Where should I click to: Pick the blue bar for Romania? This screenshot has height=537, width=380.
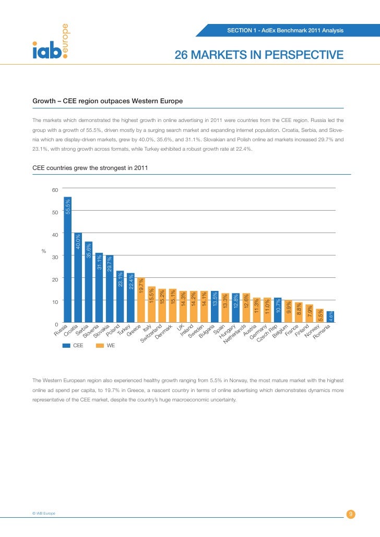pyautogui.click(x=330, y=317)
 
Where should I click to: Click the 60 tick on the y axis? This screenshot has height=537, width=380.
pyautogui.click(x=55, y=189)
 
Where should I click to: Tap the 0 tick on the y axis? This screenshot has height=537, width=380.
pyautogui.click(x=56, y=324)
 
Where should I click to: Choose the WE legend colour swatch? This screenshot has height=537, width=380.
pyautogui.click(x=101, y=345)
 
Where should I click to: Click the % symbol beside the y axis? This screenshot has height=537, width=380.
pyautogui.click(x=44, y=251)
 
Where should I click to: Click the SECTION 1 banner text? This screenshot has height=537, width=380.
pyautogui.click(x=285, y=31)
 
